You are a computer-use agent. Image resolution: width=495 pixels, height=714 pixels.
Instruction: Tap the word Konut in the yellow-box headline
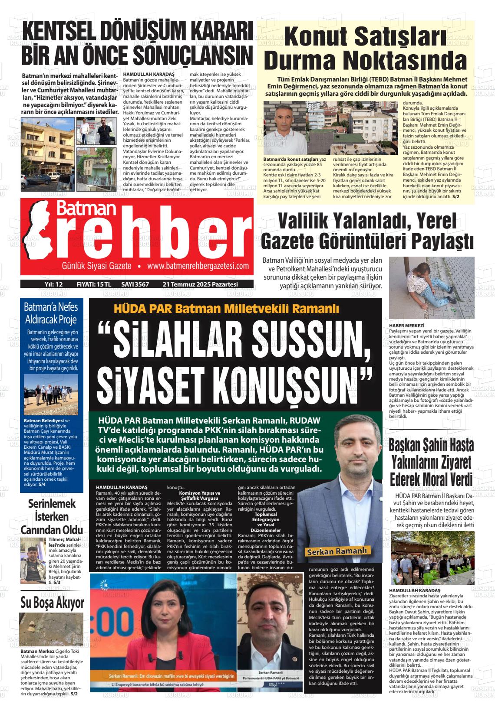311,37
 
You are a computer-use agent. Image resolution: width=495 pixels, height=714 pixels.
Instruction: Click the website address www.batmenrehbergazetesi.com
198,266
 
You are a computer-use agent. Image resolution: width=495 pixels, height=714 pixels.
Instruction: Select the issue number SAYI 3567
135,284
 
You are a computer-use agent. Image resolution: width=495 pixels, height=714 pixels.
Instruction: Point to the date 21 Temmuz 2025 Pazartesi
200,284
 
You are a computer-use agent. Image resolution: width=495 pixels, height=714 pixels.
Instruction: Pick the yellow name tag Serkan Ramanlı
338,551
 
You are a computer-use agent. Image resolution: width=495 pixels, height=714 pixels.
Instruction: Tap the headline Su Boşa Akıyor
52,602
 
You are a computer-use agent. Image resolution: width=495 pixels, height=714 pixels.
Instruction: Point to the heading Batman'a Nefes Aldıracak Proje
51,313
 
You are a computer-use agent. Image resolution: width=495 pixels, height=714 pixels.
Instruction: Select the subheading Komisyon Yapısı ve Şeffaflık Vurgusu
200,496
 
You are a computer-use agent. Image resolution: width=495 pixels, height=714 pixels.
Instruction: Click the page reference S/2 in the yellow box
455,196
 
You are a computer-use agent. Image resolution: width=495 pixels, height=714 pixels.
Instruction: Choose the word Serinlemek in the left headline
52,504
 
